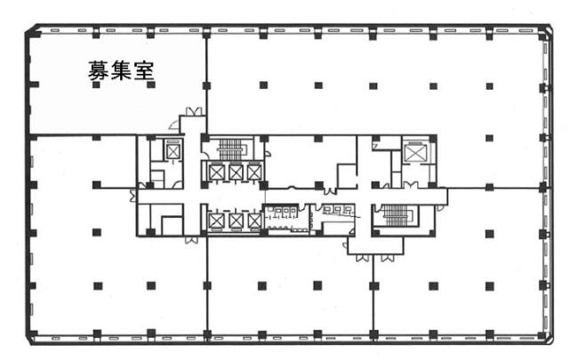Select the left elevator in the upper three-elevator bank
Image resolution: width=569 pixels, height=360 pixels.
coord(215,172)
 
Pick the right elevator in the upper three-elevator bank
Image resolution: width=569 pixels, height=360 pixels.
coord(254,172)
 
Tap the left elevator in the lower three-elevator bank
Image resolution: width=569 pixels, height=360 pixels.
coord(215,220)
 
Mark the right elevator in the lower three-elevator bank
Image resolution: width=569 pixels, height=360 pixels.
coord(254,220)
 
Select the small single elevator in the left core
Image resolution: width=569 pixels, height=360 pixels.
coord(172,151)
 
